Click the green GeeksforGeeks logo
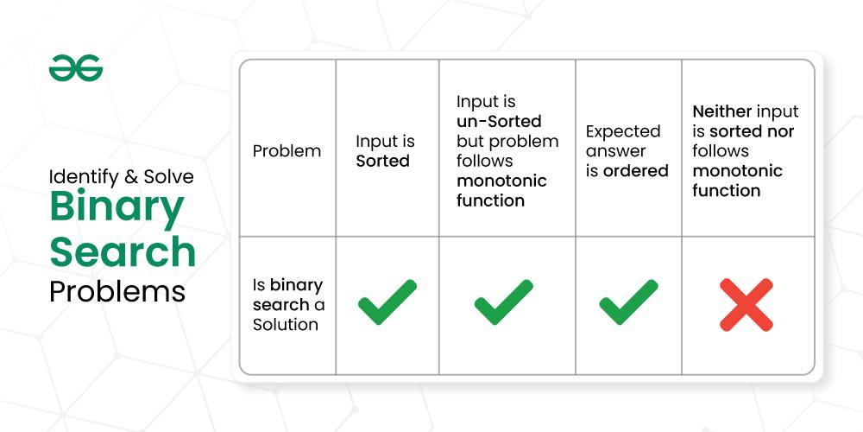tap(76, 68)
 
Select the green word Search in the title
tap(123, 251)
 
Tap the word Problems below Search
tap(117, 292)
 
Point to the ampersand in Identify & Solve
tap(131, 177)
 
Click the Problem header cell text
tap(287, 151)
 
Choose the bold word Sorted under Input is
tap(382, 161)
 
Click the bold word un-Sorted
tap(499, 121)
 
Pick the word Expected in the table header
tap(623, 132)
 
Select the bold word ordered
tap(636, 171)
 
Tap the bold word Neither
tap(722, 111)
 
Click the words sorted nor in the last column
tap(752, 131)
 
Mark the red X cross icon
tap(746, 305)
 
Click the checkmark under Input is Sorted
tap(387, 302)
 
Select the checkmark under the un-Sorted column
tap(504, 302)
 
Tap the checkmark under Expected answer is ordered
tap(628, 302)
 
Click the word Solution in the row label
tap(286, 325)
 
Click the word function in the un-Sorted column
tap(490, 200)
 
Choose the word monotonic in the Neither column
tap(738, 171)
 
